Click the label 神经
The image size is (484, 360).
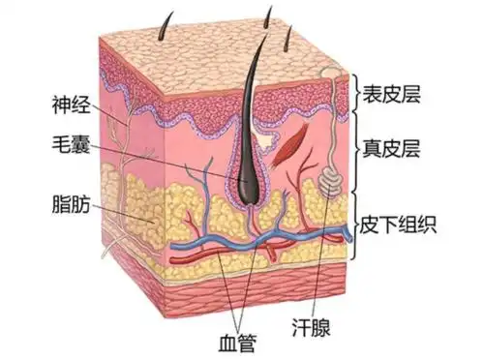(73, 101)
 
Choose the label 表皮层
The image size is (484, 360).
(394, 94)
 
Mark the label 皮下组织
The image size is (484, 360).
(402, 227)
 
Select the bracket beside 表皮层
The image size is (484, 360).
(356, 94)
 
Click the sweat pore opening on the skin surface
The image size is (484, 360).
(330, 72)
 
